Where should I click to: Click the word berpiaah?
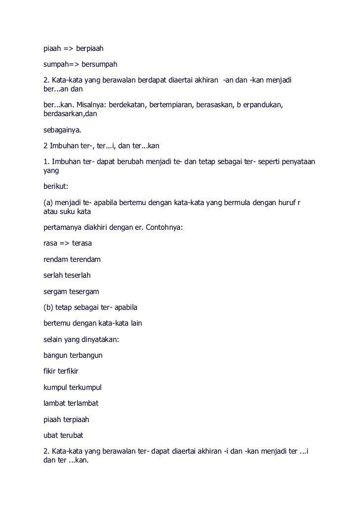point(88,49)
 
